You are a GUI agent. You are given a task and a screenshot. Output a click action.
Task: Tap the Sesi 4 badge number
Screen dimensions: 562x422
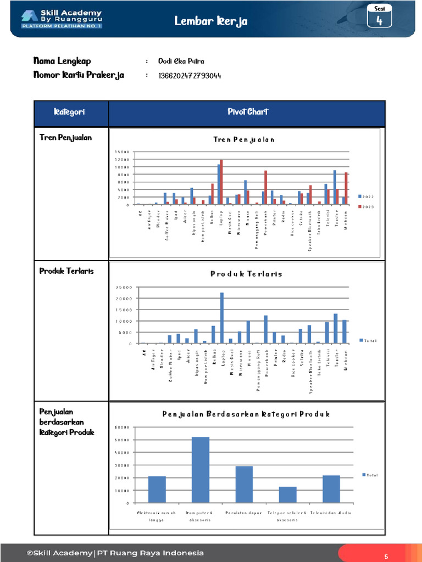(x=379, y=21)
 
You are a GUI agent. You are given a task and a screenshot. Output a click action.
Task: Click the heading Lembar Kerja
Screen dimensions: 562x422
(x=211, y=21)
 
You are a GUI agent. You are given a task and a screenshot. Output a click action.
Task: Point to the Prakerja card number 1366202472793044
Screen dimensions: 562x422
(x=190, y=75)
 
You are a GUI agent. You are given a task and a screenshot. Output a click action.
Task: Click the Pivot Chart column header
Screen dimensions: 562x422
(x=247, y=113)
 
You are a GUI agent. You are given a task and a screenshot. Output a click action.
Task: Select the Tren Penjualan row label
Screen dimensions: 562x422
(x=65, y=137)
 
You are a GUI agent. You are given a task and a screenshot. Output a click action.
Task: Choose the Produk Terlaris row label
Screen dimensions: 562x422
(x=66, y=271)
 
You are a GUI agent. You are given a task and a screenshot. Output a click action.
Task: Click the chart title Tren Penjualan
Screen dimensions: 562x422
(x=243, y=140)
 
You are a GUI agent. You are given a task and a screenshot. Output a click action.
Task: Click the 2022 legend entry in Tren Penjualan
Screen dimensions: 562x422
(x=367, y=196)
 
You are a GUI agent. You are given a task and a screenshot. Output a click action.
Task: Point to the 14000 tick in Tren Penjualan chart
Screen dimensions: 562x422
(x=122, y=151)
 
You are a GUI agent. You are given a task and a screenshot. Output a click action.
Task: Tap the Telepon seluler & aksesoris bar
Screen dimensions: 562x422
(x=287, y=494)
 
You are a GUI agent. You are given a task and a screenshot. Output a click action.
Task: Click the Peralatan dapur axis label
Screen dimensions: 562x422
(x=244, y=513)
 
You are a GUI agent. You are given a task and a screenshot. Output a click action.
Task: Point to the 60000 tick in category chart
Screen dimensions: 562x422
(x=122, y=427)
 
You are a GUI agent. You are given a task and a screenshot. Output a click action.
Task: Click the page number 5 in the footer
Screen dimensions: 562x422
(x=386, y=557)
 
